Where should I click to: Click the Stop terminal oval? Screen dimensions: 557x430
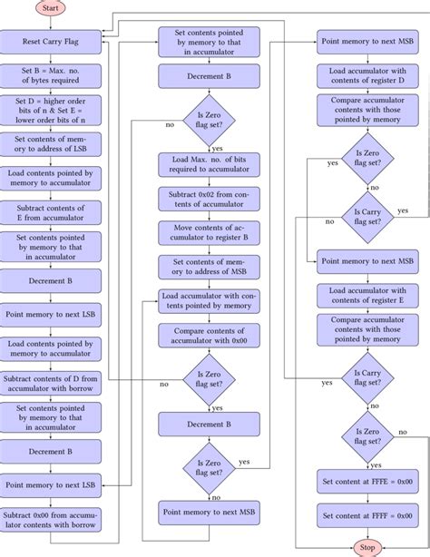367,548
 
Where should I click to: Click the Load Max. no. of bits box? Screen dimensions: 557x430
208,163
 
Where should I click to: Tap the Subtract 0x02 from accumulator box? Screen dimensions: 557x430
208,198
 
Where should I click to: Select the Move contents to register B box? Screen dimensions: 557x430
208,232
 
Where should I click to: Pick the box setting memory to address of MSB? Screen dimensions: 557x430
208,267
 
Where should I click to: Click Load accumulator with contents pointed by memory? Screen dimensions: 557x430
208,301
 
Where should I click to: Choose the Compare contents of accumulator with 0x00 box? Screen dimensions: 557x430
208,335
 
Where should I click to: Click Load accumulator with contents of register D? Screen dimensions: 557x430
366,76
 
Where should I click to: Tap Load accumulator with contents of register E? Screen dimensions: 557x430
366,295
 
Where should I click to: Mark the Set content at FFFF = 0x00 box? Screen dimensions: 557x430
366,515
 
